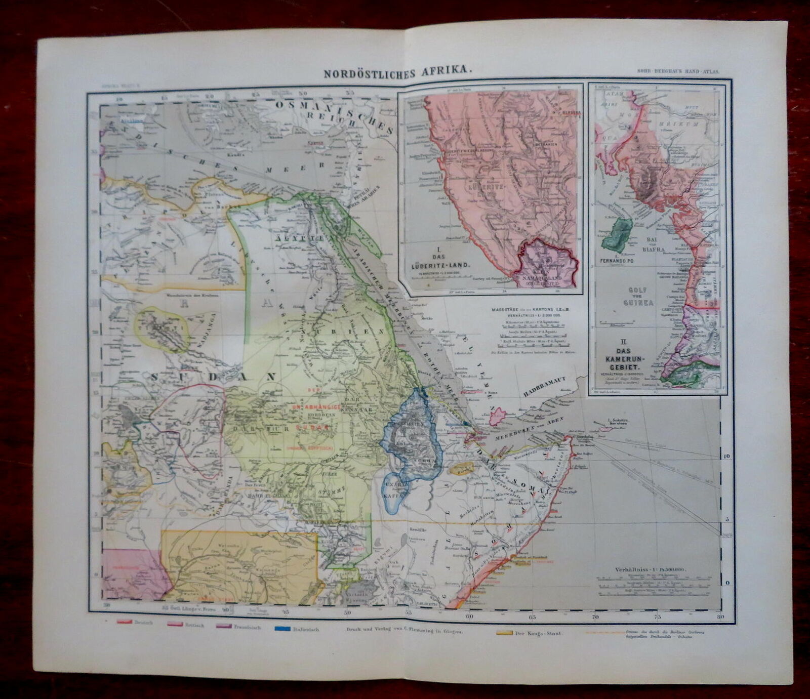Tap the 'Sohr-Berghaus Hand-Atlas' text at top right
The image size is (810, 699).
click(x=679, y=72)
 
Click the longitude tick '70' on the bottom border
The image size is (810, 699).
click(x=595, y=617)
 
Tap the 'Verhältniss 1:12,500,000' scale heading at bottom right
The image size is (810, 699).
click(x=653, y=570)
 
